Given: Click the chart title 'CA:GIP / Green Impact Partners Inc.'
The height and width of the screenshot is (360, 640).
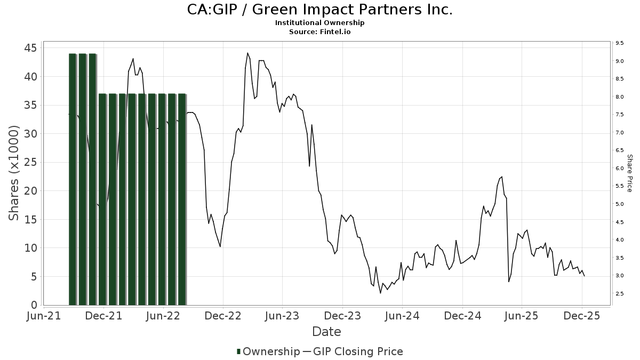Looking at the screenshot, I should [x=319, y=10].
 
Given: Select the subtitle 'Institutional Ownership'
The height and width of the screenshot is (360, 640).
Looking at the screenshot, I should [x=319, y=23].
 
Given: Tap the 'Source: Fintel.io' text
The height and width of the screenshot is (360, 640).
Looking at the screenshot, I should [x=319, y=31].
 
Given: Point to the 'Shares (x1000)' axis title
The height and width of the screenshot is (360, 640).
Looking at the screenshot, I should [x=14, y=173].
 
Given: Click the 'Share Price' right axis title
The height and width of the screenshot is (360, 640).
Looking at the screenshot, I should [x=629, y=173].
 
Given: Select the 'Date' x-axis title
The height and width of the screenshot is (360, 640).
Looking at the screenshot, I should [x=326, y=332].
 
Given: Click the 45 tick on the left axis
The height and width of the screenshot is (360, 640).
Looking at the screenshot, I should [x=30, y=48].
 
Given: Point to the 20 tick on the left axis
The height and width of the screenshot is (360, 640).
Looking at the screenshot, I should [x=30, y=191].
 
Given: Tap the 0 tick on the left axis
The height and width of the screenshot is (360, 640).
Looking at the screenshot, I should [x=34, y=305].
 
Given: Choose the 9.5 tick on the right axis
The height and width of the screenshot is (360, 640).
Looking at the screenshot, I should [x=620, y=43].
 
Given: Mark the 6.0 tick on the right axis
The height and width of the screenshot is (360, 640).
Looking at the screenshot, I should [x=620, y=169].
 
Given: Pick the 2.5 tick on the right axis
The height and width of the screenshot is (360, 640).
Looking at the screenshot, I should [x=620, y=294].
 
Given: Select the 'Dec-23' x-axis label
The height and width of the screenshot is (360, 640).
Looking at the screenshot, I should [x=343, y=316].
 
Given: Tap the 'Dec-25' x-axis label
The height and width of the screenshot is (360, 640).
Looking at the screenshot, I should [x=582, y=316].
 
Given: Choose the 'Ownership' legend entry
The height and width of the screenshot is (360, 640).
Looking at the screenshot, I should [x=268, y=351].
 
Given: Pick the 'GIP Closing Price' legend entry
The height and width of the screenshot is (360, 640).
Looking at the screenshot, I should [x=357, y=351].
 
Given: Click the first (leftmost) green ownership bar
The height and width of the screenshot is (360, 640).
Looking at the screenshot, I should [x=73, y=179].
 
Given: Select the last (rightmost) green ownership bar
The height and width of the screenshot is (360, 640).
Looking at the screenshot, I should [x=182, y=199].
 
